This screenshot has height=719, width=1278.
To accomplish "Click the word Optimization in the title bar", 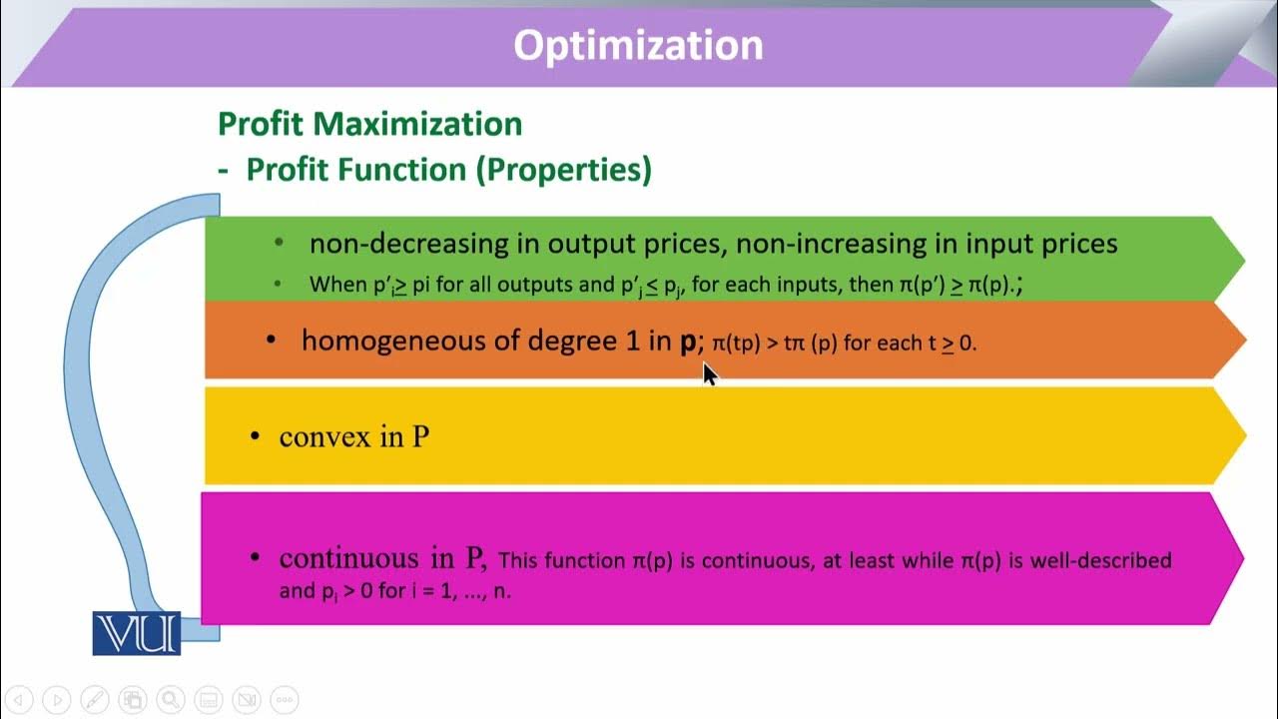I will point(638,45).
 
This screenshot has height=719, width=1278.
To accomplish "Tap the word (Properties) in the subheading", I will point(563,170).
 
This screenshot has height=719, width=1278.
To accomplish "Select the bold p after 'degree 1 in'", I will point(687,342).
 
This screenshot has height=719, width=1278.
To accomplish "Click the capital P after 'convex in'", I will point(420,437).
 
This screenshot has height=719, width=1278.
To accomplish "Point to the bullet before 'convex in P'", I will point(256,436).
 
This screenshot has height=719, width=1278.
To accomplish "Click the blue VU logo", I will point(137,633).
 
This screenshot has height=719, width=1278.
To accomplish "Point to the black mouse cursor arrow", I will point(708,372).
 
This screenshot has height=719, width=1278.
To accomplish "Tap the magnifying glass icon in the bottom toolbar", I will point(170,700).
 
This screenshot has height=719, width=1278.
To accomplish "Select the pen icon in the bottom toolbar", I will point(94,700).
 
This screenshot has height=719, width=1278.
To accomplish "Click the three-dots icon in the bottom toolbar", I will point(284,700).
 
